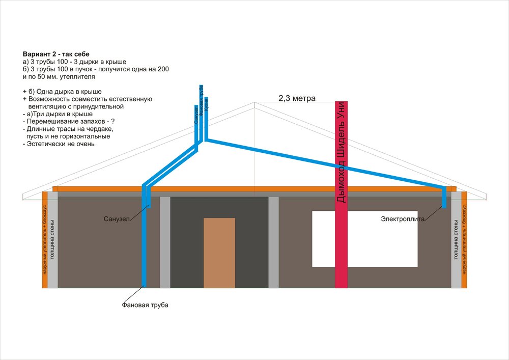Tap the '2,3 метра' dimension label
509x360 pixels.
[297, 98]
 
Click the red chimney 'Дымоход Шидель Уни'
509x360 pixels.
[341, 193]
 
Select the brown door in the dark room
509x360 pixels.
[219, 253]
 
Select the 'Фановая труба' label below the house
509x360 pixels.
[145, 305]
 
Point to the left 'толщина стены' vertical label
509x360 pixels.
[52, 240]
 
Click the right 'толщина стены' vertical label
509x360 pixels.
[456, 240]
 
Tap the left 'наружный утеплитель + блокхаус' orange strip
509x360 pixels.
[45, 239]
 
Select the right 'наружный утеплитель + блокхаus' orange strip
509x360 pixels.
[464, 239]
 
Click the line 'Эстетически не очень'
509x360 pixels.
[59, 144]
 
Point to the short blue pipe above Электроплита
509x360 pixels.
[444, 198]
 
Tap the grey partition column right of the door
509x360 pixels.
[273, 242]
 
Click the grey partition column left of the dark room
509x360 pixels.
[165, 242]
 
